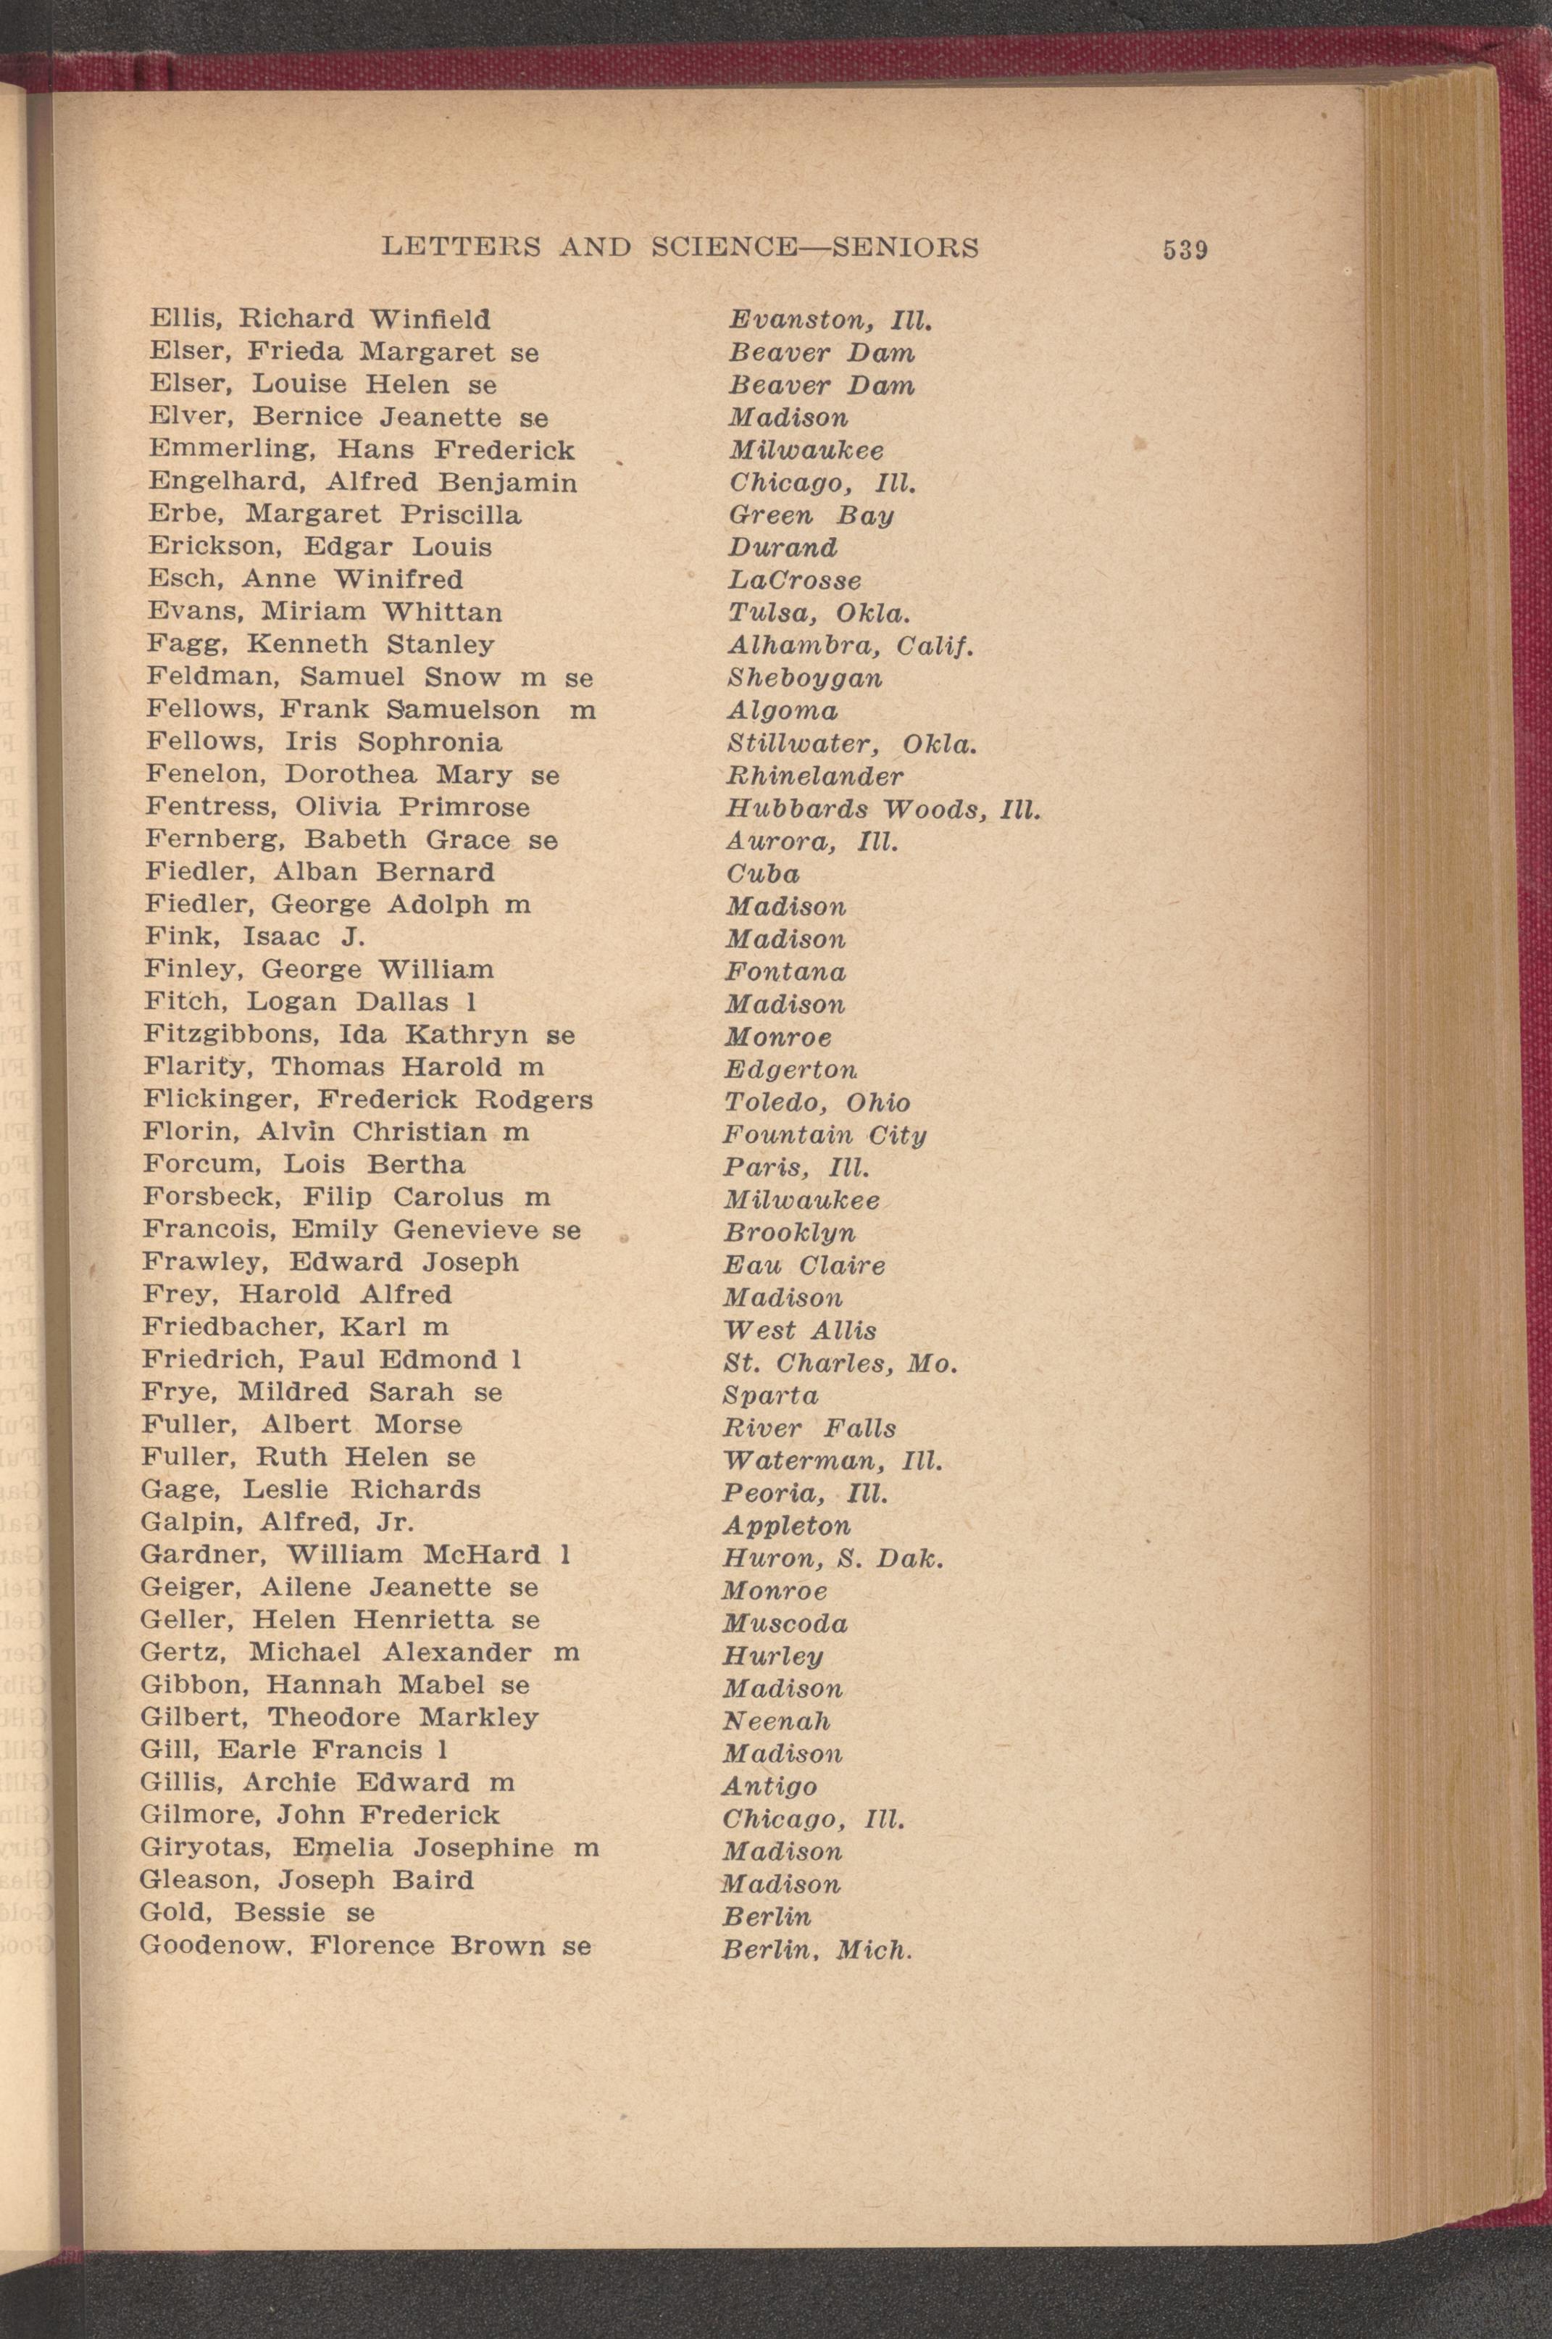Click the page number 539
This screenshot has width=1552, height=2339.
pos(1185,249)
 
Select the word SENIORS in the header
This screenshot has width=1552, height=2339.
pos(905,246)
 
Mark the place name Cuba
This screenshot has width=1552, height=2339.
pos(762,873)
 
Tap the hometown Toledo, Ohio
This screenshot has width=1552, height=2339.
pos(817,1102)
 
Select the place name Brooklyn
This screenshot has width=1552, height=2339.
pos(789,1232)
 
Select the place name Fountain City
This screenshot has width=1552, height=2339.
pos(825,1134)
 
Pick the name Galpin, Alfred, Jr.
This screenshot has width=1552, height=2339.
pos(276,1521)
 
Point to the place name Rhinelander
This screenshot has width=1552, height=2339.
pos(814,776)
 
